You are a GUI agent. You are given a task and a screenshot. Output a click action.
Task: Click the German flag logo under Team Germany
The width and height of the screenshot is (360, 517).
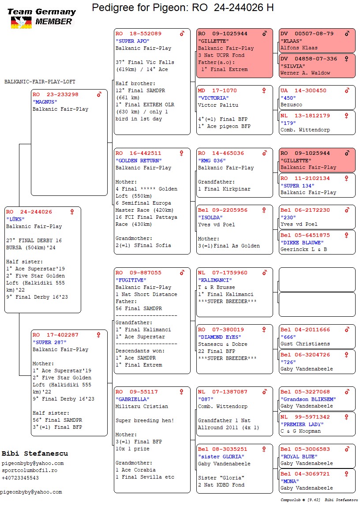coord(22,22)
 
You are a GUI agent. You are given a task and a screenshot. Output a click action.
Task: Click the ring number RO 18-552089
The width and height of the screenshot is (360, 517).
coord(139,34)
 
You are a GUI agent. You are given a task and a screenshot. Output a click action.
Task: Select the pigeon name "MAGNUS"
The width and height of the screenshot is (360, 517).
coord(45,102)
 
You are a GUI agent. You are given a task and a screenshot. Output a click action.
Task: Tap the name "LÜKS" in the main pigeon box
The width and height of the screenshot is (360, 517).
coord(15,219)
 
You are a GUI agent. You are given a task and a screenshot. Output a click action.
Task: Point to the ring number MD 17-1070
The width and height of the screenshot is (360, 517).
coord(213,90)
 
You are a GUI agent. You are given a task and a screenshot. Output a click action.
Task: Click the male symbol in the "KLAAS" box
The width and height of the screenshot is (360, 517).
coord(347,33)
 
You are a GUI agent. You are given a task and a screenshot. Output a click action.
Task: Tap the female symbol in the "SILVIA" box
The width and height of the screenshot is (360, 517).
coord(346,59)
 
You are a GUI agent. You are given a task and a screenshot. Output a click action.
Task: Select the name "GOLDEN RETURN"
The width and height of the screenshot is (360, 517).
coord(139,161)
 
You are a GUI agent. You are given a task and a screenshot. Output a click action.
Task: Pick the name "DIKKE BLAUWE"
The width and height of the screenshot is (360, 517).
coord(302,243)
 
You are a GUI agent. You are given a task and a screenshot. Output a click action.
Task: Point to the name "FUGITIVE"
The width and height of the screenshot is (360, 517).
coord(131,280)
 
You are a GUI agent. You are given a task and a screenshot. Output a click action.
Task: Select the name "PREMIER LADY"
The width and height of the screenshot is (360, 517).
coord(302,424)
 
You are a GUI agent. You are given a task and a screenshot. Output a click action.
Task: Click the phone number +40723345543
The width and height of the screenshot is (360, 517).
coord(20,478)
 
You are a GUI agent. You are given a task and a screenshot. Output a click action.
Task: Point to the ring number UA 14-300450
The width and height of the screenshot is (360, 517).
coord(303,90)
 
